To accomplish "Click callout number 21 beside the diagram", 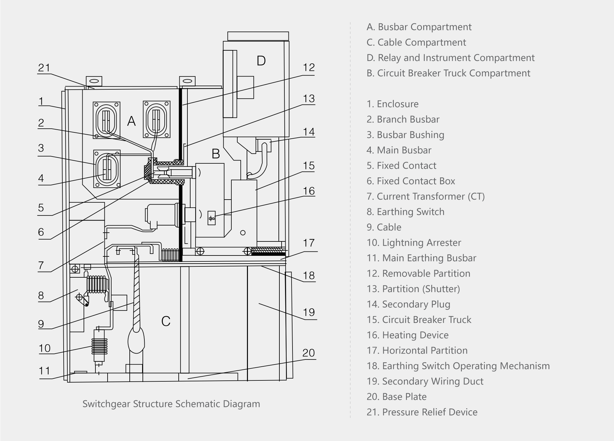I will [x=44, y=68].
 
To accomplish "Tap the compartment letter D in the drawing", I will [x=261, y=61].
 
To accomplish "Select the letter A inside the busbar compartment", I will [x=131, y=121].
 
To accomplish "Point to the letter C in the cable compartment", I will [x=166, y=321].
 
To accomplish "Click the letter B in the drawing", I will [x=216, y=154].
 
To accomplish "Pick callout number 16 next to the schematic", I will [x=309, y=191].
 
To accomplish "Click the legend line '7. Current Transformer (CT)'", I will [x=425, y=196].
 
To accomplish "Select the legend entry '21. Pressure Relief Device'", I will [x=422, y=412].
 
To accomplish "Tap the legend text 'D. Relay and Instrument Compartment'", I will [x=450, y=58].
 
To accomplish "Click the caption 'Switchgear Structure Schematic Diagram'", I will [x=171, y=404].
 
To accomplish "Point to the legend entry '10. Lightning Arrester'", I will [x=413, y=243].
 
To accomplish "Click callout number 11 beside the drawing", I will [x=44, y=371].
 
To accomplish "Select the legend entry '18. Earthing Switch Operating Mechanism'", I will [x=458, y=366].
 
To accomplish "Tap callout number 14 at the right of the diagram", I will [x=309, y=132].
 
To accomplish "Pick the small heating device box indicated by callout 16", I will [x=212, y=218].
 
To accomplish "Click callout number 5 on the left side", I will [x=41, y=208].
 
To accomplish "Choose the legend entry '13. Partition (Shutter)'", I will [x=413, y=289].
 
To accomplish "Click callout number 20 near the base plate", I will [x=308, y=353].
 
